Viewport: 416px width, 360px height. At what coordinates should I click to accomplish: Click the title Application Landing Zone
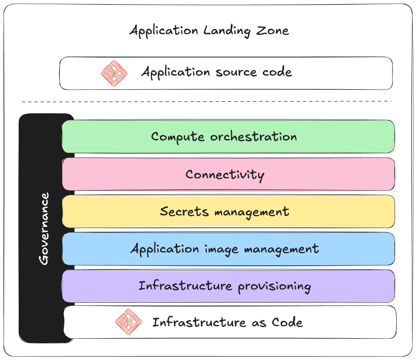pyautogui.click(x=209, y=31)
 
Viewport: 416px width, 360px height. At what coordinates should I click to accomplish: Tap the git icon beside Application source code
pyautogui.click(x=114, y=73)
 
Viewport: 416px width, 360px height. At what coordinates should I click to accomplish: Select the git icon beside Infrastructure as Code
pyautogui.click(x=128, y=322)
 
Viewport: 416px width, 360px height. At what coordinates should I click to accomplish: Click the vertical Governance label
pyautogui.click(x=44, y=228)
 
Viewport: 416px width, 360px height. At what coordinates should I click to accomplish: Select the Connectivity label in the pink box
pyautogui.click(x=225, y=175)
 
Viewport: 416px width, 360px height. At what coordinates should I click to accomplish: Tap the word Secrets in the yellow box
pyautogui.click(x=178, y=212)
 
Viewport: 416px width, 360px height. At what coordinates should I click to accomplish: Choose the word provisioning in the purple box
pyautogui.click(x=275, y=286)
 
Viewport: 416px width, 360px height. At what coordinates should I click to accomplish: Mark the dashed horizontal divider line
pyautogui.click(x=206, y=101)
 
